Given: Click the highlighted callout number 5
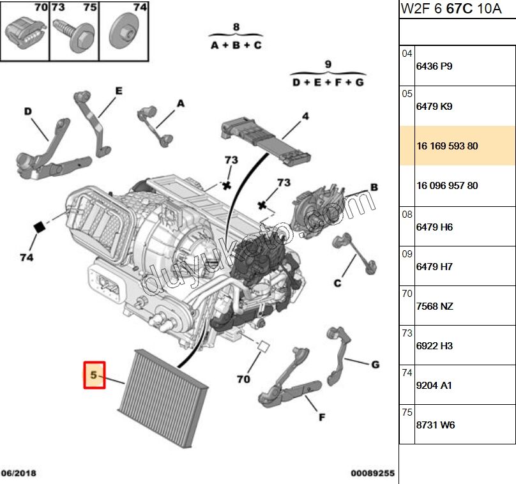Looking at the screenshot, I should [94, 375].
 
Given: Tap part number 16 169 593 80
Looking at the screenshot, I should [447, 146].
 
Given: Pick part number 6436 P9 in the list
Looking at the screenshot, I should [434, 66].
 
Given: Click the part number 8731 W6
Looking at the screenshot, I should [436, 425].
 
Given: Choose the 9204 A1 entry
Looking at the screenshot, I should [434, 386].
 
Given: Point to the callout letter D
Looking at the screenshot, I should [28, 111].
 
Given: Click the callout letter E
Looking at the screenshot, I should [118, 91].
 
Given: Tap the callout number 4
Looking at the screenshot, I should [305, 116].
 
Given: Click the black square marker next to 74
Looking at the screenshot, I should [39, 226].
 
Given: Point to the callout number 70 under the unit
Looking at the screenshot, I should [243, 379].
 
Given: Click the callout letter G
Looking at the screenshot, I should [375, 365].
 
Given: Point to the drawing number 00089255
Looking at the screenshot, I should [372, 473].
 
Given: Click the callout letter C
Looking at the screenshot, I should [337, 284].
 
